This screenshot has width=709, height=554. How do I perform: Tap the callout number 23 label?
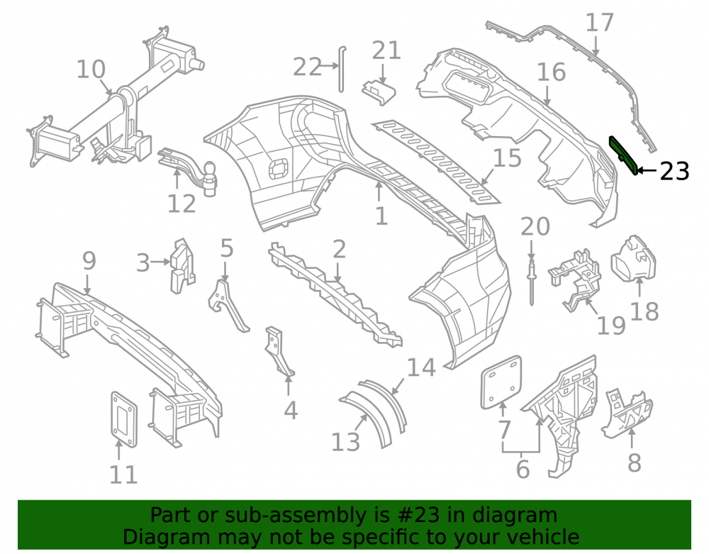(674, 172)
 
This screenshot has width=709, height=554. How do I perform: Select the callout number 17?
(600, 23)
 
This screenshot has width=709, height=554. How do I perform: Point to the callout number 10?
(91, 70)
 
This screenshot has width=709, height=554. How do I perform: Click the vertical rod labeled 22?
(342, 69)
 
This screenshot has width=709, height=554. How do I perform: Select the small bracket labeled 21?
(379, 92)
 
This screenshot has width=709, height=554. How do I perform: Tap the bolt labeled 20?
(531, 282)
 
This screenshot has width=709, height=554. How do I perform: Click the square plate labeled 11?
(124, 419)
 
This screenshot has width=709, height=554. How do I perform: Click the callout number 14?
(421, 367)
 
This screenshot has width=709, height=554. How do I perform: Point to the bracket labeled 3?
(182, 265)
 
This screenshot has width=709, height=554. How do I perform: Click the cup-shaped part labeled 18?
(633, 257)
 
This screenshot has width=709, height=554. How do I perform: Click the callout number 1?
(381, 216)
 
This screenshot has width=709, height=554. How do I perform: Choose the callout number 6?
(523, 469)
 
